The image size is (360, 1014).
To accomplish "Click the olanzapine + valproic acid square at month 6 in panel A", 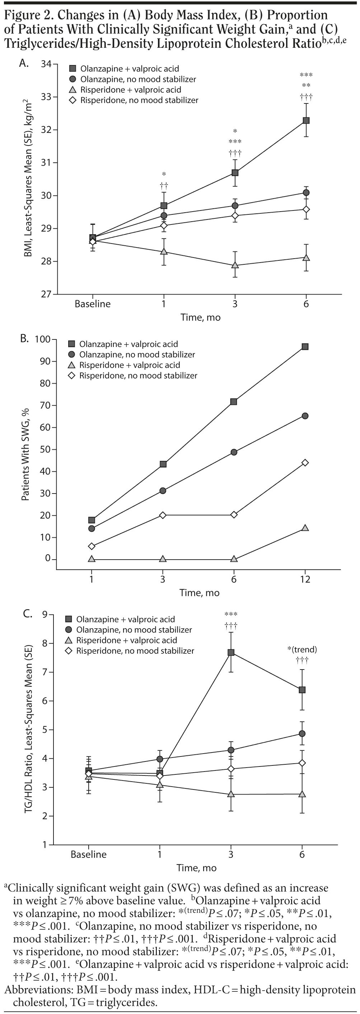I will pyautogui.click(x=306, y=120).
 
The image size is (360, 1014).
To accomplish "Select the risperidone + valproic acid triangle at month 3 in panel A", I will pyautogui.click(x=235, y=265).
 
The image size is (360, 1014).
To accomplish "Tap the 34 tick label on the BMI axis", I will pyautogui.click(x=46, y=64).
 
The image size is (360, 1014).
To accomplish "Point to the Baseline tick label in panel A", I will pyautogui.click(x=93, y=304).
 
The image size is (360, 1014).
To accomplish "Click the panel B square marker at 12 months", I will pyautogui.click(x=305, y=346).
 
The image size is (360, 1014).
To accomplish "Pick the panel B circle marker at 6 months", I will pyautogui.click(x=234, y=452).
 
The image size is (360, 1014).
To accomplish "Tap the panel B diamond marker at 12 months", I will pyautogui.click(x=305, y=463).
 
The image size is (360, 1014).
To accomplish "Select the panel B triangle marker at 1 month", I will pyautogui.click(x=92, y=559).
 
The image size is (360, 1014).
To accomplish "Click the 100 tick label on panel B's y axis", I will pyautogui.click(x=42, y=339).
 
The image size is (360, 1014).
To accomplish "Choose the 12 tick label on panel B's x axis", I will pyautogui.click(x=305, y=579).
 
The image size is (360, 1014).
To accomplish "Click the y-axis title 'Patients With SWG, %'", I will pyautogui.click(x=25, y=455).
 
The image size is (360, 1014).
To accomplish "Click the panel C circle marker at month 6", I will pyautogui.click(x=302, y=733).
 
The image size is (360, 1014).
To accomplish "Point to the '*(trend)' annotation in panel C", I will pyautogui.click(x=302, y=649).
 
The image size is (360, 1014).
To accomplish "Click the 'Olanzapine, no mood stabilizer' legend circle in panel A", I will pyautogui.click(x=73, y=79).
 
